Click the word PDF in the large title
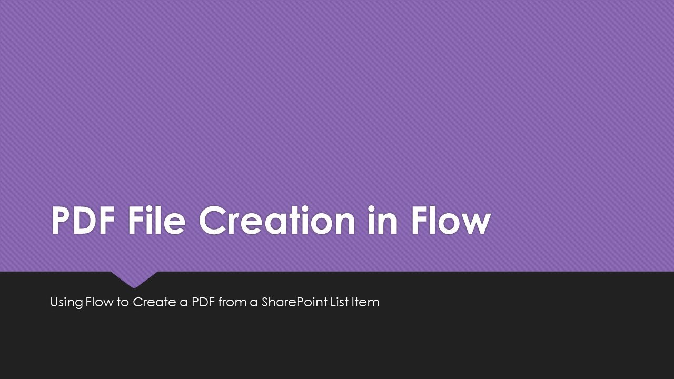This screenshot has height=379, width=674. click(x=83, y=221)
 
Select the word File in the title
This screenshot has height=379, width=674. click(x=156, y=221)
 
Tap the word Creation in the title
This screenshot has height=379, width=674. click(x=276, y=221)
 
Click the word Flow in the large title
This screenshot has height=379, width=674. click(x=451, y=221)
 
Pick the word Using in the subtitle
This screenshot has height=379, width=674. click(x=66, y=303)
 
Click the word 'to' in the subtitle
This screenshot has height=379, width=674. click(x=123, y=303)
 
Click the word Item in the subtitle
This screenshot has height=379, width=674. click(x=365, y=302)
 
